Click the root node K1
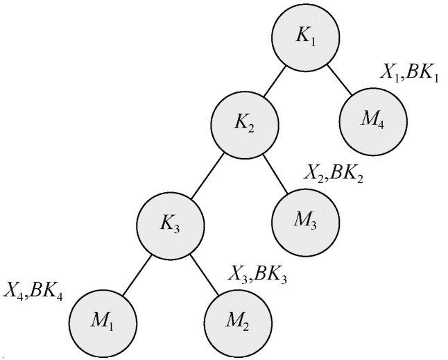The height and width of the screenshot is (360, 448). click(x=305, y=37)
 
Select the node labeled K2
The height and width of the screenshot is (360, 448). click(x=245, y=125)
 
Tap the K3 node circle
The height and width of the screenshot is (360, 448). click(x=171, y=225)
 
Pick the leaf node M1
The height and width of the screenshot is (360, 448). click(x=103, y=323)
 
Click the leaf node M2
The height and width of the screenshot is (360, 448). click(x=239, y=323)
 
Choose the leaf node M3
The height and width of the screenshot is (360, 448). click(x=305, y=223)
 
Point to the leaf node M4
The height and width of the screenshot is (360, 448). click(x=373, y=121)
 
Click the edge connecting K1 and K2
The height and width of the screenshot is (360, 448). click(x=275, y=81)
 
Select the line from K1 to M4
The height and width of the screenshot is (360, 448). click(x=339, y=80)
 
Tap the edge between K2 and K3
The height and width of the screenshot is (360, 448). click(x=208, y=175)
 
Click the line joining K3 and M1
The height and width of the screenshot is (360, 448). click(x=137, y=275)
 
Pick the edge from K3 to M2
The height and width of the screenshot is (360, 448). click(x=205, y=275)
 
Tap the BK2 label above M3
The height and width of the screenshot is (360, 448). click(x=347, y=174)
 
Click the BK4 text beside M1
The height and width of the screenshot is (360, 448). click(x=46, y=291)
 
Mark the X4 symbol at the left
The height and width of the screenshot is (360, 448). click(x=13, y=291)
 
